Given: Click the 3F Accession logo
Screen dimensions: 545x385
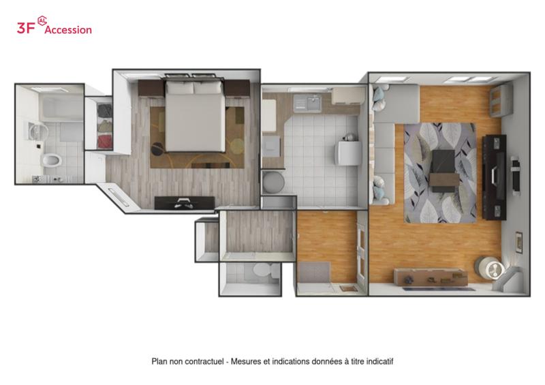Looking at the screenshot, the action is click(54, 26).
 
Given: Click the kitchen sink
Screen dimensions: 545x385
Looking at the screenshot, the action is click(307, 103).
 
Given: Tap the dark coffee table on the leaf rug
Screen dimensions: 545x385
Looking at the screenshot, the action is click(442, 171).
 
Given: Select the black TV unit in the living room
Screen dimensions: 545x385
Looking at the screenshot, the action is click(494, 177).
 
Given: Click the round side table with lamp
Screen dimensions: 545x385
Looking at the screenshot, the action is click(489, 268).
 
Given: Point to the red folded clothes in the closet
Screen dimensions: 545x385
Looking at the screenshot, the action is click(105, 142).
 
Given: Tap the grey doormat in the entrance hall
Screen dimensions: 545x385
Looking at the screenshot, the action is click(315, 273).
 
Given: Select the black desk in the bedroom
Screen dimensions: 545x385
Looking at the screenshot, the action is click(185, 203).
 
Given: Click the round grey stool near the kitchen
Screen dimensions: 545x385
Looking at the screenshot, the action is click(274, 182).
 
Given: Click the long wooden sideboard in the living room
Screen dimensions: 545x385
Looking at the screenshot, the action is click(431, 277).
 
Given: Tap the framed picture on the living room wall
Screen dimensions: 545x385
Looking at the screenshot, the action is click(519, 242).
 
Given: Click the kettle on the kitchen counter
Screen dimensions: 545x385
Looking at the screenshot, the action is click(349, 137).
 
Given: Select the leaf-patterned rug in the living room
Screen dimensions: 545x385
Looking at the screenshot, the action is click(440, 173).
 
